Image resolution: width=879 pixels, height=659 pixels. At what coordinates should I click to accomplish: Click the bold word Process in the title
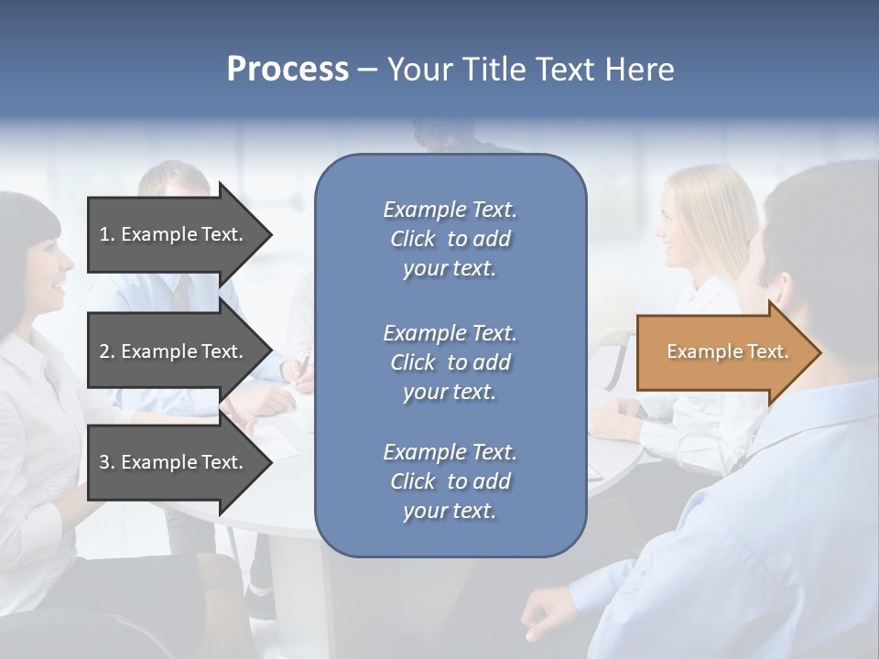coord(288,70)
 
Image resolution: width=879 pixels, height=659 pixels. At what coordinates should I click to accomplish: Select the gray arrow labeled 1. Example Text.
coord(174,234)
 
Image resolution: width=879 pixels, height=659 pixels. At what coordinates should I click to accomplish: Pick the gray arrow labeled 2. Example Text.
coord(174,351)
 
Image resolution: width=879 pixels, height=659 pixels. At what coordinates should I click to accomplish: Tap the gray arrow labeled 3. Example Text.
coord(174,462)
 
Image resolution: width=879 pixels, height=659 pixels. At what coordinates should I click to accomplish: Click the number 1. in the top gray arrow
coord(107,234)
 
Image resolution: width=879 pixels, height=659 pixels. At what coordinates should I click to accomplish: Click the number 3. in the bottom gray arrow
coord(107,462)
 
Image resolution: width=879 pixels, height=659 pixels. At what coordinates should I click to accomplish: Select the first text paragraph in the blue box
coord(450,239)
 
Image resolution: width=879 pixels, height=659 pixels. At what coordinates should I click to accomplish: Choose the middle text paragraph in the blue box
coord(450,362)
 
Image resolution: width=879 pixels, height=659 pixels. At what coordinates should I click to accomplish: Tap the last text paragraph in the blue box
coord(450,481)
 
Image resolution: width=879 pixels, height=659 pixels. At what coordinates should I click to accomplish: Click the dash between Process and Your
coord(367,70)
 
